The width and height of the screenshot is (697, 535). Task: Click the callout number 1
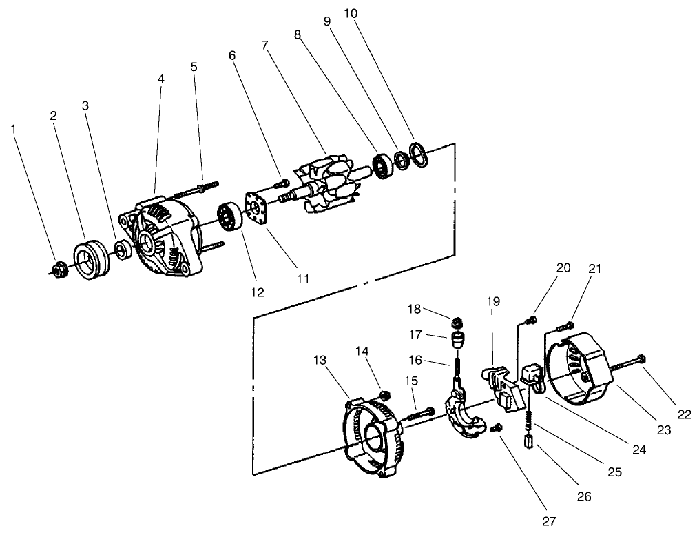(x=14, y=128)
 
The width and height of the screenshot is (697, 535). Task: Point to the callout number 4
(x=160, y=79)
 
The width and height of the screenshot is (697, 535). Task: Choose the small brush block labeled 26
(x=529, y=441)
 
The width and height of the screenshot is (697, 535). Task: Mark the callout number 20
(x=563, y=268)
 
